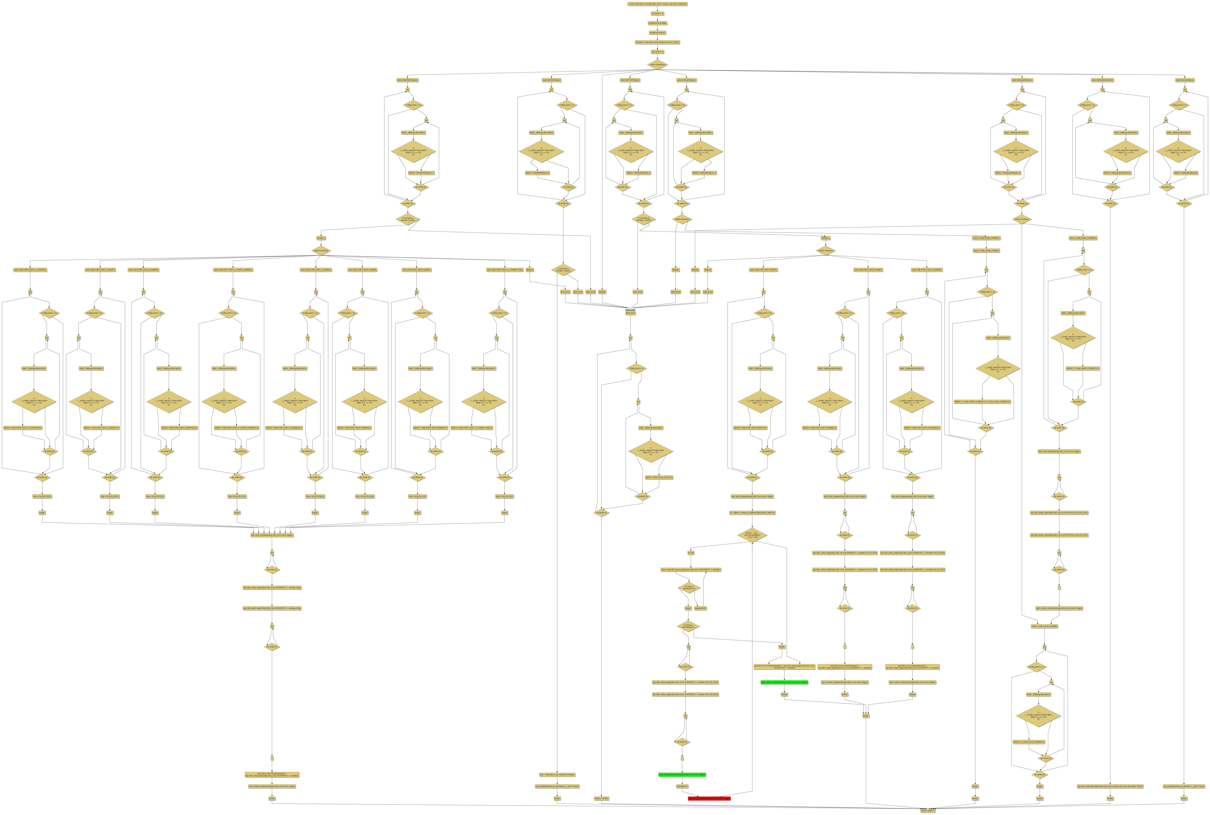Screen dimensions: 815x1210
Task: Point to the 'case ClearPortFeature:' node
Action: [407, 80]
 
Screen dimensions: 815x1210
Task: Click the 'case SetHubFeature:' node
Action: [686, 80]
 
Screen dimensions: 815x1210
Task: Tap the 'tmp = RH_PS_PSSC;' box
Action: [42, 496]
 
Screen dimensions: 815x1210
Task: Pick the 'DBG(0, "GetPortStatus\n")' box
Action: [537, 173]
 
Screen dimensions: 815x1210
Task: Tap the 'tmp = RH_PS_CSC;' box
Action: [504, 496]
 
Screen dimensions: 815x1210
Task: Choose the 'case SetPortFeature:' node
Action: [630, 80]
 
